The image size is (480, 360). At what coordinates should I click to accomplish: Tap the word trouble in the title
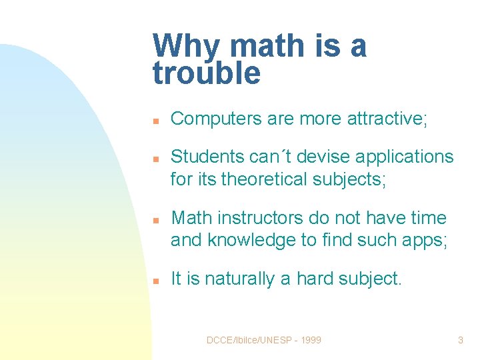click(x=206, y=73)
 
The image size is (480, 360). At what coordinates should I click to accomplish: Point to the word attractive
click(x=387, y=119)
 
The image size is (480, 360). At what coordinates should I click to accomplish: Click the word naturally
click(x=238, y=279)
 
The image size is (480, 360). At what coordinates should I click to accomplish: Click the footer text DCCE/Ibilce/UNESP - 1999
click(x=263, y=340)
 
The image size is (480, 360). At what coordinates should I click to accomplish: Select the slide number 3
click(x=460, y=340)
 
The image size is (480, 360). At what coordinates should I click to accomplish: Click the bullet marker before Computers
click(x=155, y=121)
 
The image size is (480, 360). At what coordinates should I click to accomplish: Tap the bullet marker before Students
click(x=155, y=159)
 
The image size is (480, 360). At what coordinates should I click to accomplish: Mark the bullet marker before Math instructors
click(x=155, y=220)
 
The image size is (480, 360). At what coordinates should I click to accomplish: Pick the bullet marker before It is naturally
click(x=155, y=281)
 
